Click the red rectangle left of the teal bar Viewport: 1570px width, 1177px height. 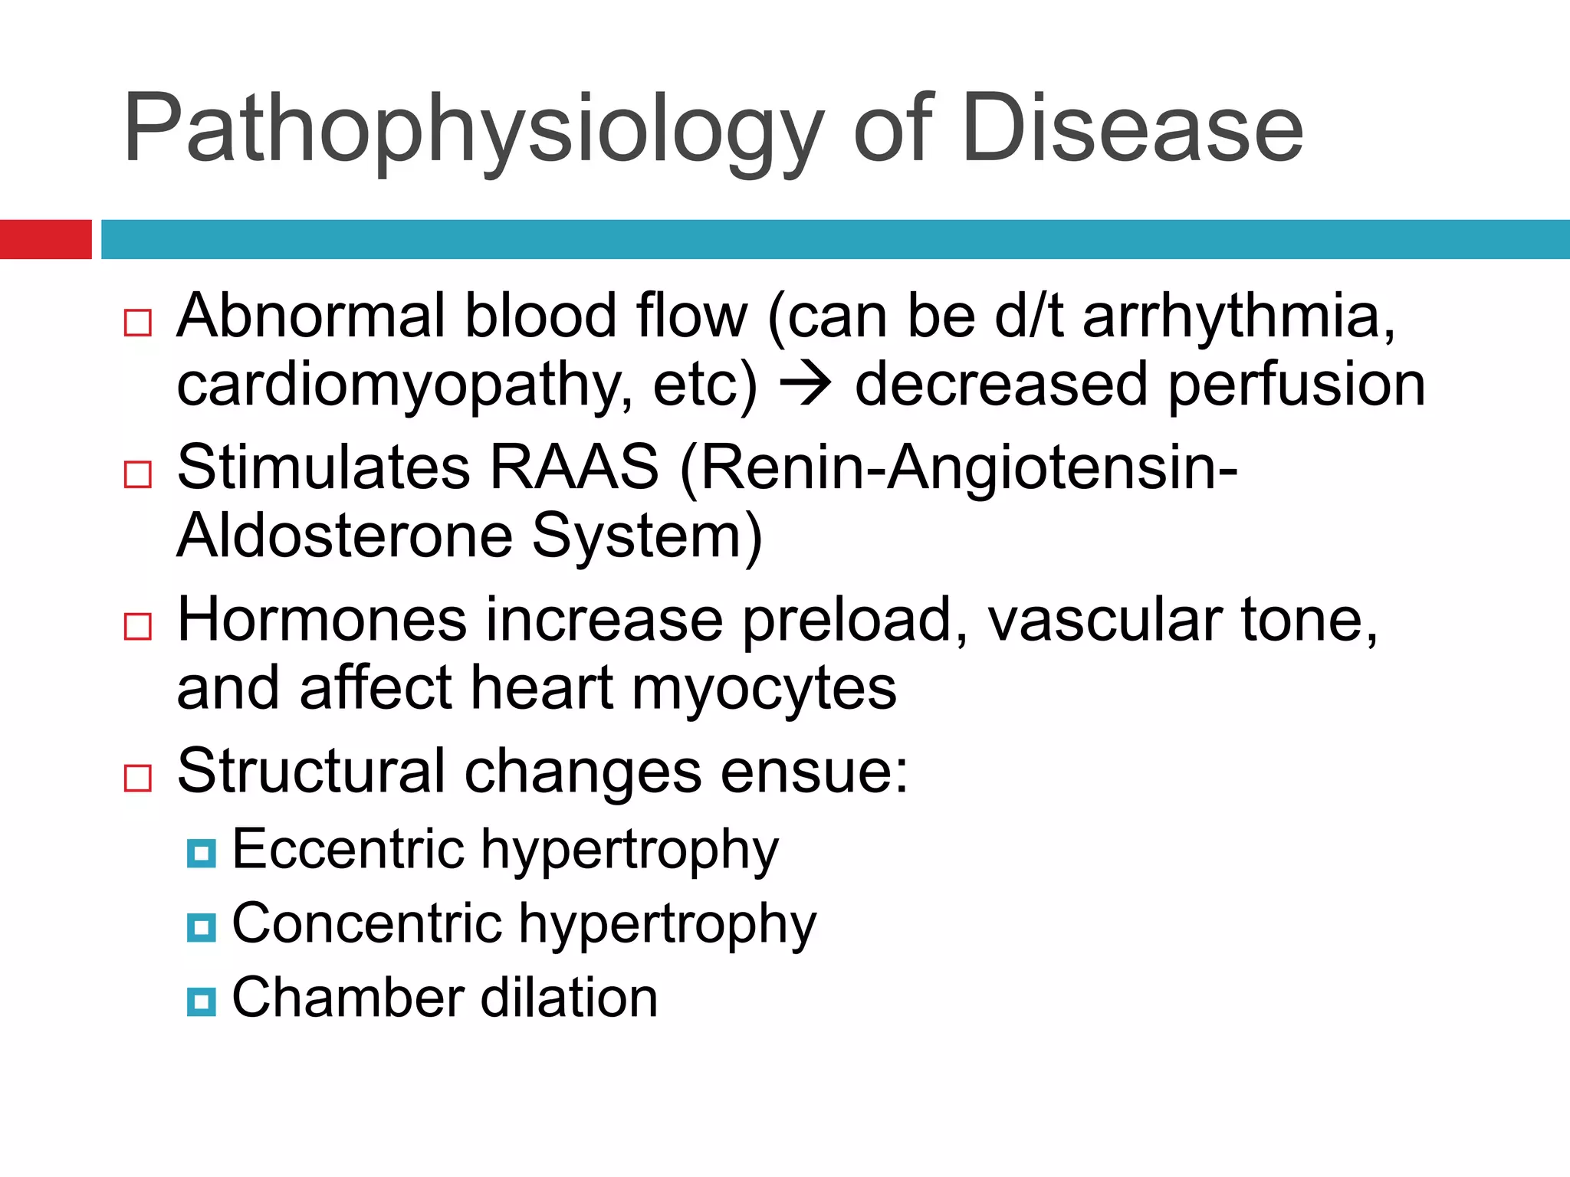point(45,239)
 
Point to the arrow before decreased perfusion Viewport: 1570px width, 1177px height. point(805,384)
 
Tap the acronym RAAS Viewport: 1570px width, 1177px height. point(573,467)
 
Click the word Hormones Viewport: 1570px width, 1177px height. point(322,619)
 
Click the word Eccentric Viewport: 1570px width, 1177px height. point(348,849)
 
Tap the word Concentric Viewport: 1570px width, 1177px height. point(367,923)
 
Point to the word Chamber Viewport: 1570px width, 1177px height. point(348,998)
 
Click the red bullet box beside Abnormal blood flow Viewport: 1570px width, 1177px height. point(138,323)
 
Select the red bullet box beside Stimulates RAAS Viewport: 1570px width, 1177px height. point(138,474)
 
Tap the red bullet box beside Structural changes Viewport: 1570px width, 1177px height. point(138,778)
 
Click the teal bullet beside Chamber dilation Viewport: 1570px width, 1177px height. point(202,1001)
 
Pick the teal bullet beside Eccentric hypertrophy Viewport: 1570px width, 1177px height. point(202,852)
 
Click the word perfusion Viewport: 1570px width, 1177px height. point(1296,385)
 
